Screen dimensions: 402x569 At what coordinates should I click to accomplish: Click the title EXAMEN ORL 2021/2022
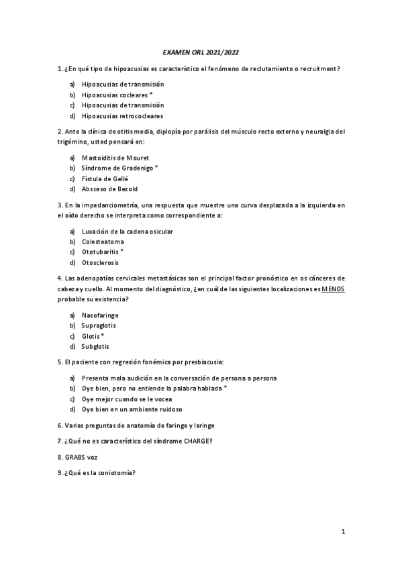point(201,51)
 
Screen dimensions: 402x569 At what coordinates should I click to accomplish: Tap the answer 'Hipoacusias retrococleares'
point(122,115)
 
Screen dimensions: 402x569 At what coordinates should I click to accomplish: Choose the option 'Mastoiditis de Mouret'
point(115,157)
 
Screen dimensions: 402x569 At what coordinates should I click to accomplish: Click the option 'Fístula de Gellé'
point(105,178)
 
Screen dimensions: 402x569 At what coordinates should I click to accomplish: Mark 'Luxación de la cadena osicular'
point(128,231)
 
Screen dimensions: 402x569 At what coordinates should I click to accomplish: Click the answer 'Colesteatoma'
point(103,242)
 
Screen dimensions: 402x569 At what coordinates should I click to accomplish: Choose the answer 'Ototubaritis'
point(99,252)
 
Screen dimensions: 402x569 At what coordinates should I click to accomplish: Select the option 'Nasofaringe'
point(100,315)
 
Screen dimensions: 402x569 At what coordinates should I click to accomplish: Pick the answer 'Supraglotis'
point(99,325)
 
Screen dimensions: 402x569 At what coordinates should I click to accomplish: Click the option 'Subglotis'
point(95,346)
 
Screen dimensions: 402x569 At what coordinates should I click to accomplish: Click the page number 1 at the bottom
point(342,532)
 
